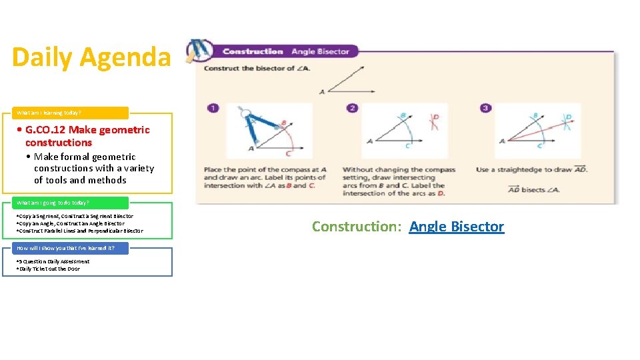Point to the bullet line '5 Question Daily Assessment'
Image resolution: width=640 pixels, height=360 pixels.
(x=53, y=261)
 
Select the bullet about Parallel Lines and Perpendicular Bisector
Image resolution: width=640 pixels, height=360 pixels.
(x=79, y=231)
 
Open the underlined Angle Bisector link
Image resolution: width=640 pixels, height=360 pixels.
(x=457, y=227)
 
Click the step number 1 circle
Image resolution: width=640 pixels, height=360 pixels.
(x=212, y=108)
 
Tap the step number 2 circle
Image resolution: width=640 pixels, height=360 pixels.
(x=352, y=108)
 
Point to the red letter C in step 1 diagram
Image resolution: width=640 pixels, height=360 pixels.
(x=288, y=155)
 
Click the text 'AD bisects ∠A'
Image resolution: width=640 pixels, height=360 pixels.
(x=534, y=189)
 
